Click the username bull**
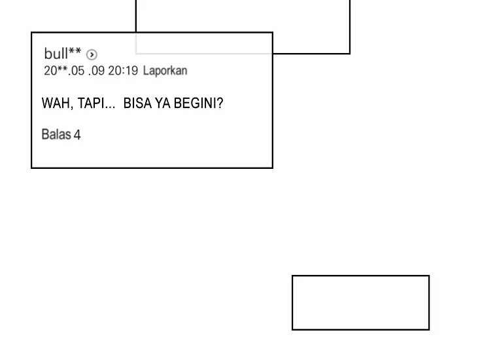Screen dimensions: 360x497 pyautogui.click(x=63, y=54)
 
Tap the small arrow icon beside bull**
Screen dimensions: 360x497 pyautogui.click(x=92, y=55)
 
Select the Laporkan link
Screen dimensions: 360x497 pyautogui.click(x=165, y=71)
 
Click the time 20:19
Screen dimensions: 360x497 pyautogui.click(x=123, y=71)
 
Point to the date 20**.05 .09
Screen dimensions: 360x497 pyautogui.click(x=74, y=71)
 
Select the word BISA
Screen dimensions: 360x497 pyautogui.click(x=137, y=103)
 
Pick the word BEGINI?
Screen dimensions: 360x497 pyautogui.click(x=198, y=103)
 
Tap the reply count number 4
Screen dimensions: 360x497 pyautogui.click(x=77, y=135)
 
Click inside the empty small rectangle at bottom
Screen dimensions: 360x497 pyautogui.click(x=360, y=302)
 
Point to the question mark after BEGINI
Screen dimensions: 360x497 pyautogui.click(x=220, y=103)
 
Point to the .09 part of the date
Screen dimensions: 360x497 pyautogui.click(x=97, y=71)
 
